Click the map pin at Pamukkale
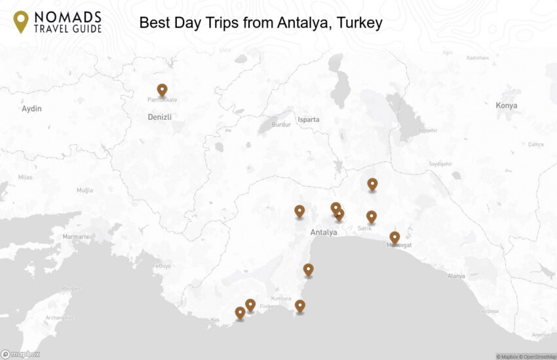tap(162, 90)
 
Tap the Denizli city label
tap(159, 117)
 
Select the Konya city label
tap(506, 106)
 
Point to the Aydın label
tap(31, 109)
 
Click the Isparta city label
tap(308, 120)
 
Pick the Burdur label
tap(280, 125)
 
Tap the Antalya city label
tap(324, 233)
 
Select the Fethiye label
tap(161, 266)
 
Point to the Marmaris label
tap(75, 237)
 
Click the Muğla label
tap(85, 190)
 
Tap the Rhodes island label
tap(71, 289)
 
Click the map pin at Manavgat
tap(394, 237)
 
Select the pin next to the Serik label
tap(371, 216)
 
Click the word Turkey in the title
tap(360, 23)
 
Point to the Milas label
tap(25, 178)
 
